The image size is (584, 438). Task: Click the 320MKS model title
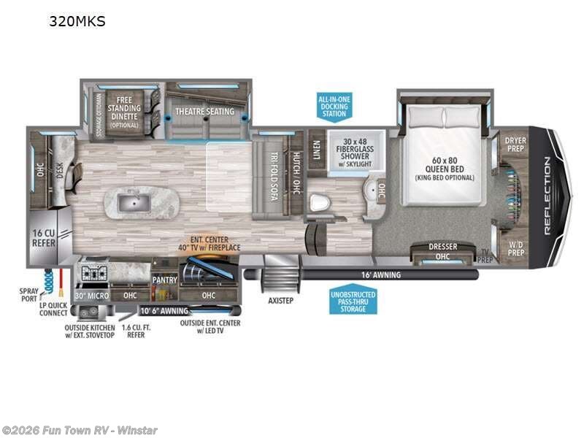[77, 21]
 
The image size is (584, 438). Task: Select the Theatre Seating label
[204, 112]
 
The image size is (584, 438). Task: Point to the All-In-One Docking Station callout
[334, 107]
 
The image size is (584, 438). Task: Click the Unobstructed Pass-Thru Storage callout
[353, 299]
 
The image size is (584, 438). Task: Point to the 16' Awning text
[380, 274]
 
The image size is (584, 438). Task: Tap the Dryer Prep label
[515, 144]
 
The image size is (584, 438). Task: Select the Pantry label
[164, 279]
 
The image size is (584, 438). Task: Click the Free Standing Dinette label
[124, 112]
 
